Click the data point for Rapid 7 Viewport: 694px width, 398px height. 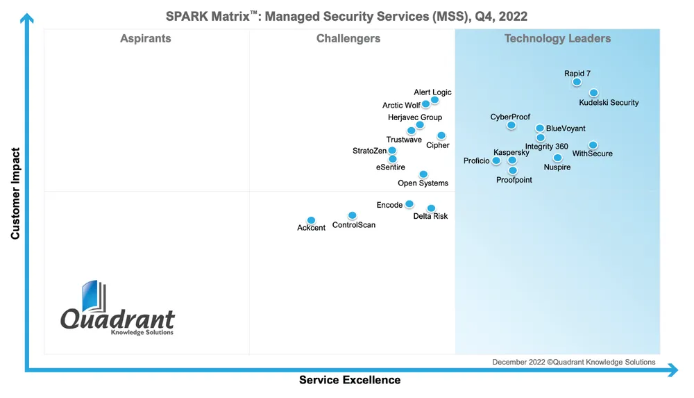click(577, 82)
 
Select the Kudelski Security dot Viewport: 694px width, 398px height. click(594, 93)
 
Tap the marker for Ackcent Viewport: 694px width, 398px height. click(311, 220)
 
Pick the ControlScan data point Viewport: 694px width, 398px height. click(352, 215)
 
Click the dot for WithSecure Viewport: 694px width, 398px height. click(593, 145)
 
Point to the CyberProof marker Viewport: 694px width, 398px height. click(511, 126)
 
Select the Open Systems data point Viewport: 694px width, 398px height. click(423, 174)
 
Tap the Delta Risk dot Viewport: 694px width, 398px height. click(431, 208)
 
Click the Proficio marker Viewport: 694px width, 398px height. click(496, 160)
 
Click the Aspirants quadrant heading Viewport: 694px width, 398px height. click(146, 39)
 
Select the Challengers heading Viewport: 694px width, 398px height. click(348, 39)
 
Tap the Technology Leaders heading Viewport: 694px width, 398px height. click(557, 39)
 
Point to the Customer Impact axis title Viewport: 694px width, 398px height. click(15, 193)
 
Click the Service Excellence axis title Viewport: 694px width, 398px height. click(350, 380)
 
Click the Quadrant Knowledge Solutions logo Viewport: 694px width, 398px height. click(117, 309)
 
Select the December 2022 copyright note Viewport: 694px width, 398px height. click(574, 362)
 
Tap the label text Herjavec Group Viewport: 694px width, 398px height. click(415, 117)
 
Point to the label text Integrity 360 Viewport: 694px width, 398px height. click(547, 147)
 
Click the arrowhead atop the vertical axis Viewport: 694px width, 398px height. click(26, 19)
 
